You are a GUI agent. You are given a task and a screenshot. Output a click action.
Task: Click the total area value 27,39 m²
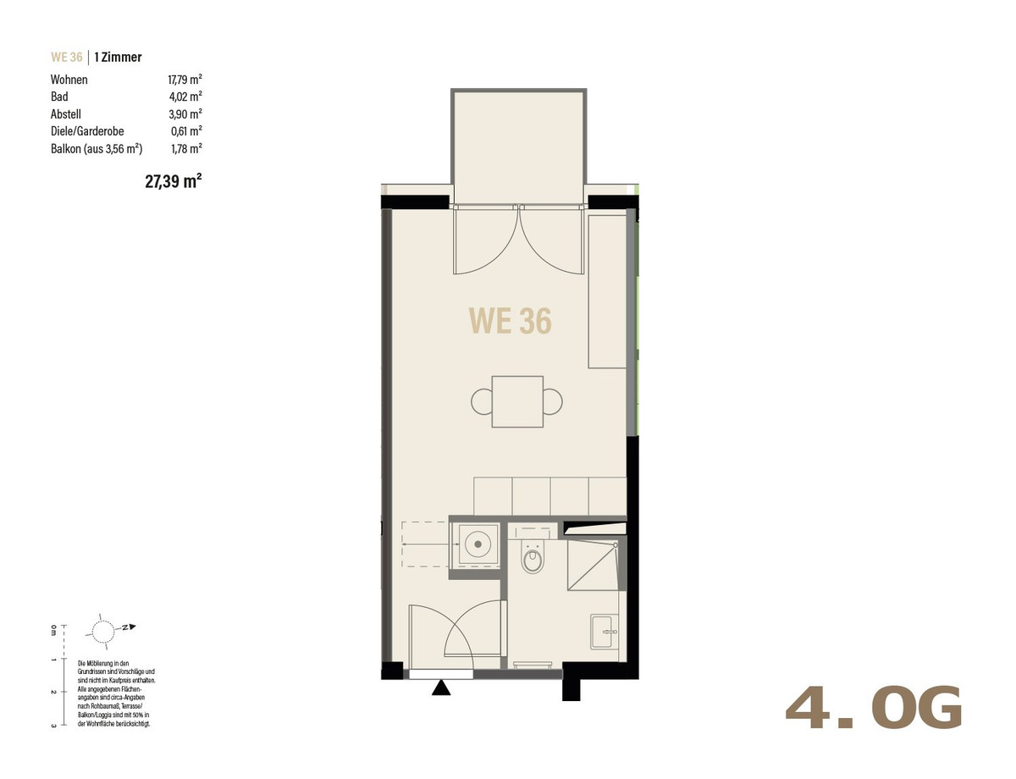pyautogui.click(x=174, y=181)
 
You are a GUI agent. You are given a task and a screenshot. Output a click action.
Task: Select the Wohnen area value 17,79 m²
pyautogui.click(x=185, y=80)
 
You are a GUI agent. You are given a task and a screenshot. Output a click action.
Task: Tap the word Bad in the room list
pyautogui.click(x=59, y=97)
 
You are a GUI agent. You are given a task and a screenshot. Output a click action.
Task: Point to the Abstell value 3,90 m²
pyautogui.click(x=185, y=114)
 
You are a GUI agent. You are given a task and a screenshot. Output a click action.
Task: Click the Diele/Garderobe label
pyautogui.click(x=87, y=131)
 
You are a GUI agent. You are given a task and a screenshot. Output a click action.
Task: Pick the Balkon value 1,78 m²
pyautogui.click(x=186, y=149)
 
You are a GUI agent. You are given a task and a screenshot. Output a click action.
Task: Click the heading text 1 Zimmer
pyautogui.click(x=118, y=57)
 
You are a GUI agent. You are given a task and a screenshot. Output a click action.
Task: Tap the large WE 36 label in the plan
pyautogui.click(x=510, y=321)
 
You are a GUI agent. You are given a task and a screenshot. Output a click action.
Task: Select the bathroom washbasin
pyautogui.click(x=605, y=632)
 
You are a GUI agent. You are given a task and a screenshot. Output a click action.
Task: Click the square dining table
pyautogui.click(x=517, y=401)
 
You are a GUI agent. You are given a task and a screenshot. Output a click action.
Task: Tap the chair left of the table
pyautogui.click(x=482, y=401)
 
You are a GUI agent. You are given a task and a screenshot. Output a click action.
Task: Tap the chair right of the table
pyautogui.click(x=553, y=401)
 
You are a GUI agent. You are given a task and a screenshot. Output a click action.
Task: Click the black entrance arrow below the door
pyautogui.click(x=441, y=688)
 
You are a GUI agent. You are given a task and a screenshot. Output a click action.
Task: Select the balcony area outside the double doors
pyautogui.click(x=519, y=147)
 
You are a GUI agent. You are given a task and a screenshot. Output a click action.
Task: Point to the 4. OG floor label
pyautogui.click(x=874, y=708)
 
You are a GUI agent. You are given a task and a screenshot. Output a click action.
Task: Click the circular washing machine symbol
pyautogui.click(x=478, y=544)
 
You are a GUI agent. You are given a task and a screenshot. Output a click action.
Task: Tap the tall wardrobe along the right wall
pyautogui.click(x=607, y=291)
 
